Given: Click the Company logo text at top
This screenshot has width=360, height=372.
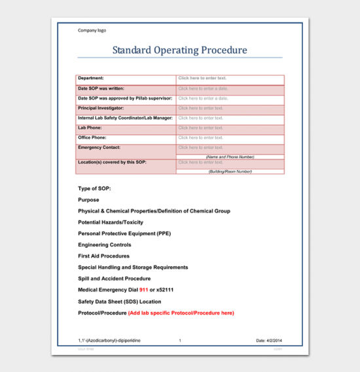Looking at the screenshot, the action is click(x=92, y=30).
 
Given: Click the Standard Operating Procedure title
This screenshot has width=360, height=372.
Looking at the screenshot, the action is click(x=179, y=50).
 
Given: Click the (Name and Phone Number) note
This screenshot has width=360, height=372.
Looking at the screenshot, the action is click(x=230, y=157).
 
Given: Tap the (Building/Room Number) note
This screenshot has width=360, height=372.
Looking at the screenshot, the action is click(x=230, y=171).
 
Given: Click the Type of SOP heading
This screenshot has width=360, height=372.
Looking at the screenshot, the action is click(x=94, y=188).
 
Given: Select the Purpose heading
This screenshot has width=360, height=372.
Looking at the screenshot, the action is click(x=88, y=200).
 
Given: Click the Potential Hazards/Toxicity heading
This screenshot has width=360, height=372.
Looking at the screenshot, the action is click(x=110, y=222).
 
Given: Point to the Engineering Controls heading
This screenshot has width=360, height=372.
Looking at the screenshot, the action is click(x=104, y=245).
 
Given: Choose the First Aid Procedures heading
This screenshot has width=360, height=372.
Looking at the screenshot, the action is click(x=103, y=256).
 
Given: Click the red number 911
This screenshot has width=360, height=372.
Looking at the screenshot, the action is click(x=143, y=290).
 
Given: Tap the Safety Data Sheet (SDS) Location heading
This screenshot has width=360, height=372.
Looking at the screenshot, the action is click(x=119, y=301).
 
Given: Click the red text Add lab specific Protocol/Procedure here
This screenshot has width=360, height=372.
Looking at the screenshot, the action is click(x=181, y=313).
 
